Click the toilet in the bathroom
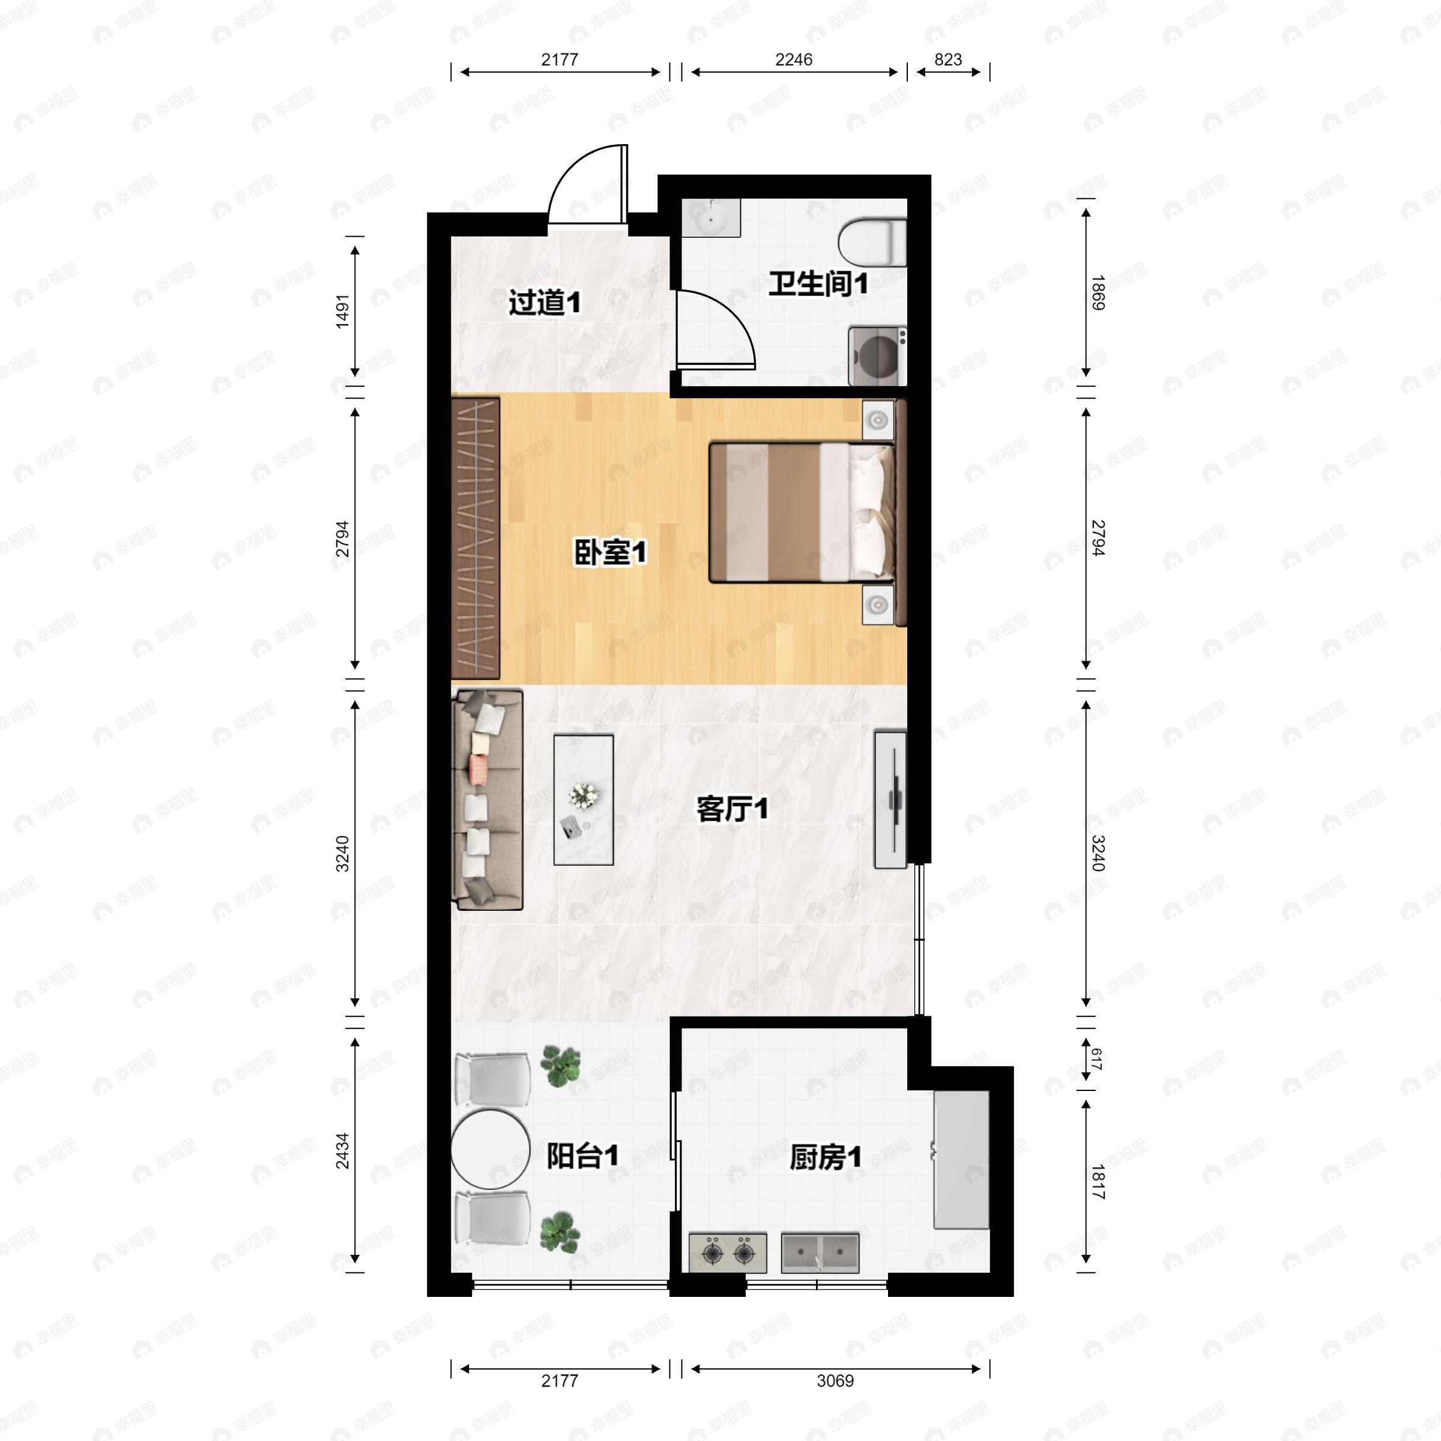coord(871,241)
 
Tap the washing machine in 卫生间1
coord(877,356)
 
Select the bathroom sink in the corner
coord(710,218)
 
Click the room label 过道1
coord(545,303)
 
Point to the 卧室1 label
coord(609,552)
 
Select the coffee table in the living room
coord(583,800)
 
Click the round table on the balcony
coord(489,1150)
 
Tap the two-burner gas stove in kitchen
coord(727,1252)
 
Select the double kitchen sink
coord(820,1252)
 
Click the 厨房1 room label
coord(825,1158)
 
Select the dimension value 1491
coord(342,311)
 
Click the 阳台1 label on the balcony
coord(582,1156)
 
